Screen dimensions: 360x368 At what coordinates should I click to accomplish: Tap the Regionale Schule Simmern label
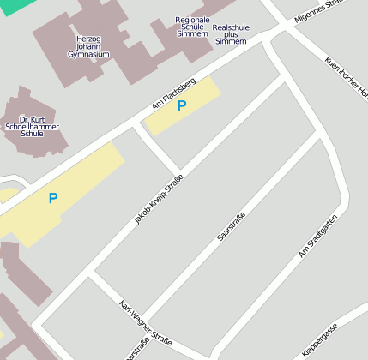191,26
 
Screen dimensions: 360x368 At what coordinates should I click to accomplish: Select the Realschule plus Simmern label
231,34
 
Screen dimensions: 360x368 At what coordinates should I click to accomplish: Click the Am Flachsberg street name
173,93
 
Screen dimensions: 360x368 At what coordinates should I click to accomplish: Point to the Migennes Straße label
318,10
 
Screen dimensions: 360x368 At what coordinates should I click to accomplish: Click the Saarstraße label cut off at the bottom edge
136,351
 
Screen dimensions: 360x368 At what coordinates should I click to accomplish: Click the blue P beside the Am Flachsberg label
181,106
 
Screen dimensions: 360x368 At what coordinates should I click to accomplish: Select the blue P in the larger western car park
52,198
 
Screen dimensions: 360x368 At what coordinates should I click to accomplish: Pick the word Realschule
231,27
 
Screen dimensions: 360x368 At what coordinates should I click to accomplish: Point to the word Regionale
191,19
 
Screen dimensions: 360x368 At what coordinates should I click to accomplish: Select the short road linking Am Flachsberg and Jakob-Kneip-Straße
156,148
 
